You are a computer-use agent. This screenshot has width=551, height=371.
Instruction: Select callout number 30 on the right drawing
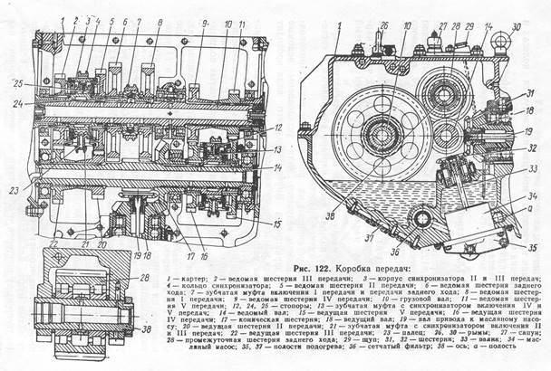pos(517,27)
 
